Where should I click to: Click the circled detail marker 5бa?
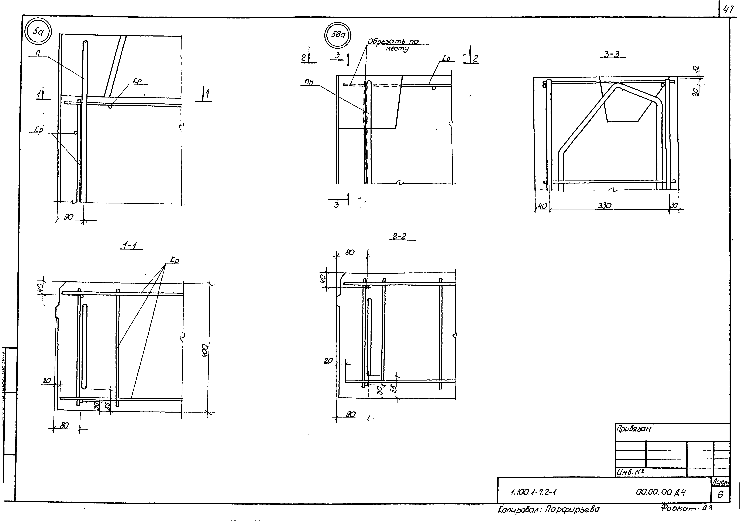point(337,35)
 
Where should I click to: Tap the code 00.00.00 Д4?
point(661,492)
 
